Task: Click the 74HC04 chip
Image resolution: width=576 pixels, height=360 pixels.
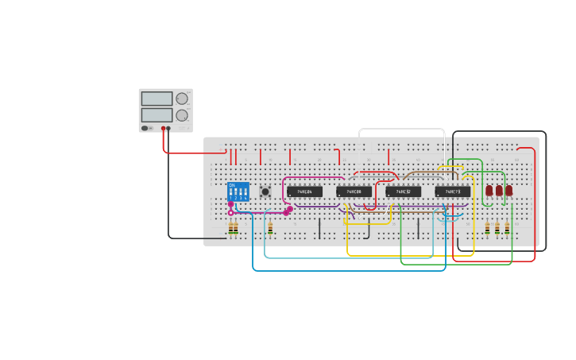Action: (x=304, y=192)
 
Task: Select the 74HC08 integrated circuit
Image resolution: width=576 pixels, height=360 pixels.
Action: (x=354, y=192)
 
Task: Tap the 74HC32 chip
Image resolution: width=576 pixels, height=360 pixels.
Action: (x=403, y=192)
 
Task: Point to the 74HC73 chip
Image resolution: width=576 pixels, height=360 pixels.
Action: (x=452, y=192)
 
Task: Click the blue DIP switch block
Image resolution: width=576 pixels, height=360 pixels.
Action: (x=238, y=192)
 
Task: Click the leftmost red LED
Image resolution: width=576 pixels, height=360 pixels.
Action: (x=489, y=191)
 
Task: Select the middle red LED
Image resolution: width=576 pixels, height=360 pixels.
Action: (x=499, y=191)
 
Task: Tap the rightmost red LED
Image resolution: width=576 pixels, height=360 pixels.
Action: (x=508, y=191)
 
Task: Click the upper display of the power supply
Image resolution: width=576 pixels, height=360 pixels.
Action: (x=157, y=99)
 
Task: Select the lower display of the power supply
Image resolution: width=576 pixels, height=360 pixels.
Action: (x=157, y=114)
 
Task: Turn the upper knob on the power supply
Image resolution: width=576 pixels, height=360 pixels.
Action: (x=182, y=99)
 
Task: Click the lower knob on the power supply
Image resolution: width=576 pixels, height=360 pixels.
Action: (x=182, y=115)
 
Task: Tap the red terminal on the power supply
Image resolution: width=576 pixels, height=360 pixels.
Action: (x=163, y=128)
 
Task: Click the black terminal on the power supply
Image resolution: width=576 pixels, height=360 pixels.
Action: (x=168, y=128)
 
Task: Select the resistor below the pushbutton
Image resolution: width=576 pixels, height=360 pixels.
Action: (x=270, y=229)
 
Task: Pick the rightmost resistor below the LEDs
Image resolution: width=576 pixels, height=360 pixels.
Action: (x=507, y=229)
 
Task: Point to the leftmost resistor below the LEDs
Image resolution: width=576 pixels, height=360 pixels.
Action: (x=488, y=229)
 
